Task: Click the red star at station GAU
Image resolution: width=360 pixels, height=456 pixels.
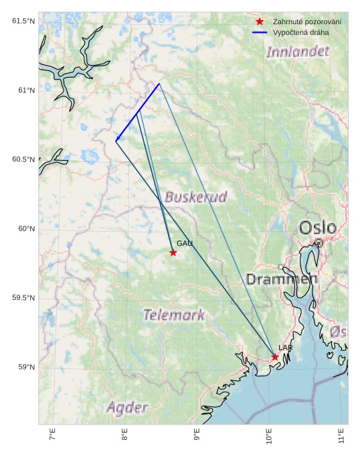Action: pyautogui.click(x=173, y=252)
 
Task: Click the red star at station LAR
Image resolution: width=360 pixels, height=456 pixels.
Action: pyautogui.click(x=275, y=357)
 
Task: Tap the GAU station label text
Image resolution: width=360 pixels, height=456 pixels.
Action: pyautogui.click(x=185, y=244)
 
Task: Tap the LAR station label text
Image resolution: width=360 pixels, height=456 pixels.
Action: pyautogui.click(x=286, y=348)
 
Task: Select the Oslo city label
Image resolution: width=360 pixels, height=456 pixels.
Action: pyautogui.click(x=318, y=228)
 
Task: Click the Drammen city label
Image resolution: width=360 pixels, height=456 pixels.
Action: pyautogui.click(x=281, y=279)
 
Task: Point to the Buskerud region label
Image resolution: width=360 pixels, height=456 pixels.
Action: pyautogui.click(x=195, y=197)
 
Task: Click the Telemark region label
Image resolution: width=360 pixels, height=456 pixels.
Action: pyautogui.click(x=174, y=315)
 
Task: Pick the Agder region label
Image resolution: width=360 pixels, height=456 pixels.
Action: pyautogui.click(x=127, y=407)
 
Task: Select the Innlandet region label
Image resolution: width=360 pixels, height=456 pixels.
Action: pyautogui.click(x=298, y=52)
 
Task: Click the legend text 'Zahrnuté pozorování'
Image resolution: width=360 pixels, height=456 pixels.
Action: pyautogui.click(x=307, y=22)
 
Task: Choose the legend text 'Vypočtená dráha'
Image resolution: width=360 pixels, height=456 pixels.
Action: pyautogui.click(x=301, y=32)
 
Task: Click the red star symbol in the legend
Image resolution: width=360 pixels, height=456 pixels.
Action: pyautogui.click(x=260, y=22)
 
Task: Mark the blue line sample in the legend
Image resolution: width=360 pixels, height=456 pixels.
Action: pyautogui.click(x=260, y=32)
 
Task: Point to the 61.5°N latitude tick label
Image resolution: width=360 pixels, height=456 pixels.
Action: pyautogui.click(x=23, y=21)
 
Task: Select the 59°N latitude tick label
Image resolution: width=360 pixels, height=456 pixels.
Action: pyautogui.click(x=25, y=367)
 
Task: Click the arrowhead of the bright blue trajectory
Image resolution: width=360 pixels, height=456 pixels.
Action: pyautogui.click(x=116, y=140)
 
